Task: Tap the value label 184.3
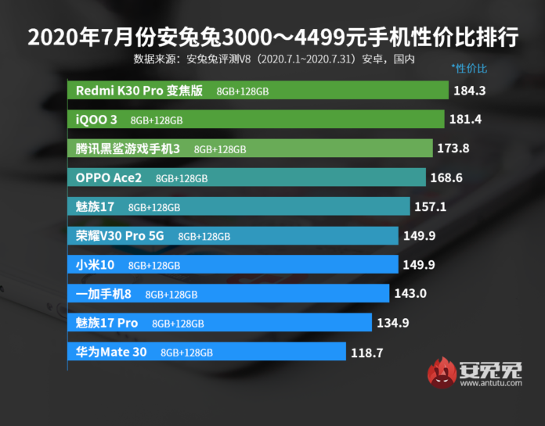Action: pos(470,91)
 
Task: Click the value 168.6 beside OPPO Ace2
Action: pos(446,177)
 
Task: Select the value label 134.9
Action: pos(392,323)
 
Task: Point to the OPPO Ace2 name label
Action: pos(109,178)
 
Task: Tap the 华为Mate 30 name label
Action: pos(111,352)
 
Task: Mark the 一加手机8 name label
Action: pos(103,294)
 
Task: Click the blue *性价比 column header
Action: pos(469,68)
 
